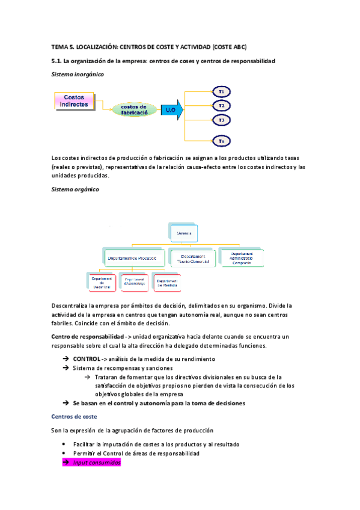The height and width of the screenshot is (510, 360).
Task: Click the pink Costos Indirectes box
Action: (75, 100)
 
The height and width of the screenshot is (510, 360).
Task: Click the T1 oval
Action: (222, 92)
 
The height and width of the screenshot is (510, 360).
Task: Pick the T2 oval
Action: (222, 106)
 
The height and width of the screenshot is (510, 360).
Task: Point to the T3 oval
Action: (222, 120)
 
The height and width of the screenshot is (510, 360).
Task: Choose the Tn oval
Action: (222, 141)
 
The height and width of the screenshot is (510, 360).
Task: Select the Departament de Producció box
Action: (135, 257)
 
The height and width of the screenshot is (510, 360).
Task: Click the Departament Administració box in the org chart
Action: (242, 257)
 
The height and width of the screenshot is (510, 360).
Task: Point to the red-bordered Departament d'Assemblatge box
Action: (135, 283)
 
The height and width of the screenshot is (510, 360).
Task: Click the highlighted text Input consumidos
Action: (96, 462)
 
